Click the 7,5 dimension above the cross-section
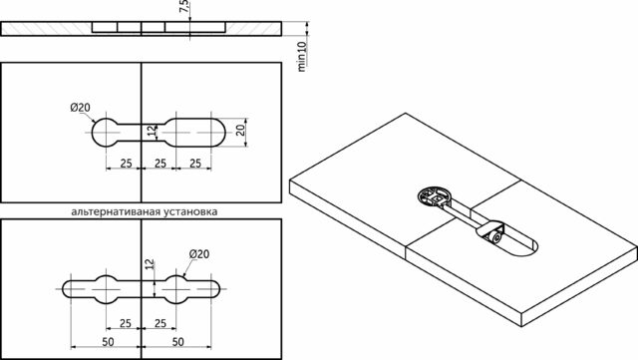(184, 7)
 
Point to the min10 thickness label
(302, 57)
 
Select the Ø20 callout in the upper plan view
(80, 108)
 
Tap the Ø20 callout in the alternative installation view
(199, 254)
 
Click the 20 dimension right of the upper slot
(240, 130)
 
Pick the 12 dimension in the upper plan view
(152, 131)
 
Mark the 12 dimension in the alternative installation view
(150, 264)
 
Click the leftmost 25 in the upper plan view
(127, 164)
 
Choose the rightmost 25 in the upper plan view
(195, 164)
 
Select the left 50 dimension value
(108, 342)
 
